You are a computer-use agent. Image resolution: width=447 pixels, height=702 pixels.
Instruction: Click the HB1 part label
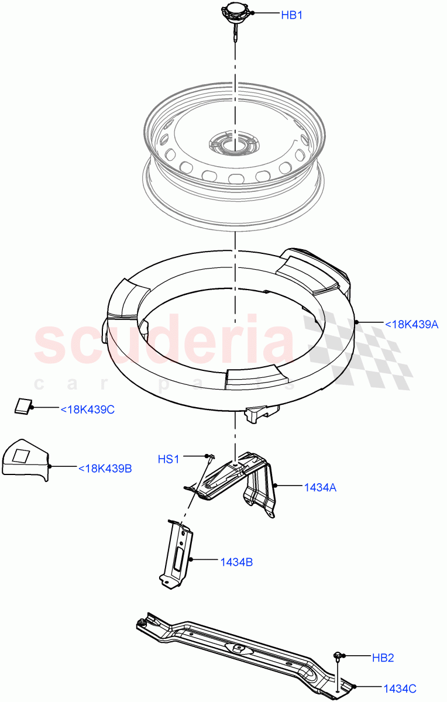coord(291,16)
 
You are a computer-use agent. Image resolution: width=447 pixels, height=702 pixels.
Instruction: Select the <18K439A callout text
coord(411,324)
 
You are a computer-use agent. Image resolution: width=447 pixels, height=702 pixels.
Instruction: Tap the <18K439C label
coord(87,409)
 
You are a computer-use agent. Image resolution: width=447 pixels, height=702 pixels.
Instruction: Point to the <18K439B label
coord(105,468)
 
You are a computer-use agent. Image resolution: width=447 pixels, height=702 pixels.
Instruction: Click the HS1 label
coord(169,459)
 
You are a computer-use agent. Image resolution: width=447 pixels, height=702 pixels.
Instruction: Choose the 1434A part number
coord(319,487)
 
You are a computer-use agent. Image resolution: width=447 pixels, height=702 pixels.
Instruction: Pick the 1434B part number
coord(236,562)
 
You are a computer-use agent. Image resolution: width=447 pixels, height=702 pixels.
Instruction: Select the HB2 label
coord(383,658)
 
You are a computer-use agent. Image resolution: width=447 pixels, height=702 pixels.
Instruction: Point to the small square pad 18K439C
coord(24,405)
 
